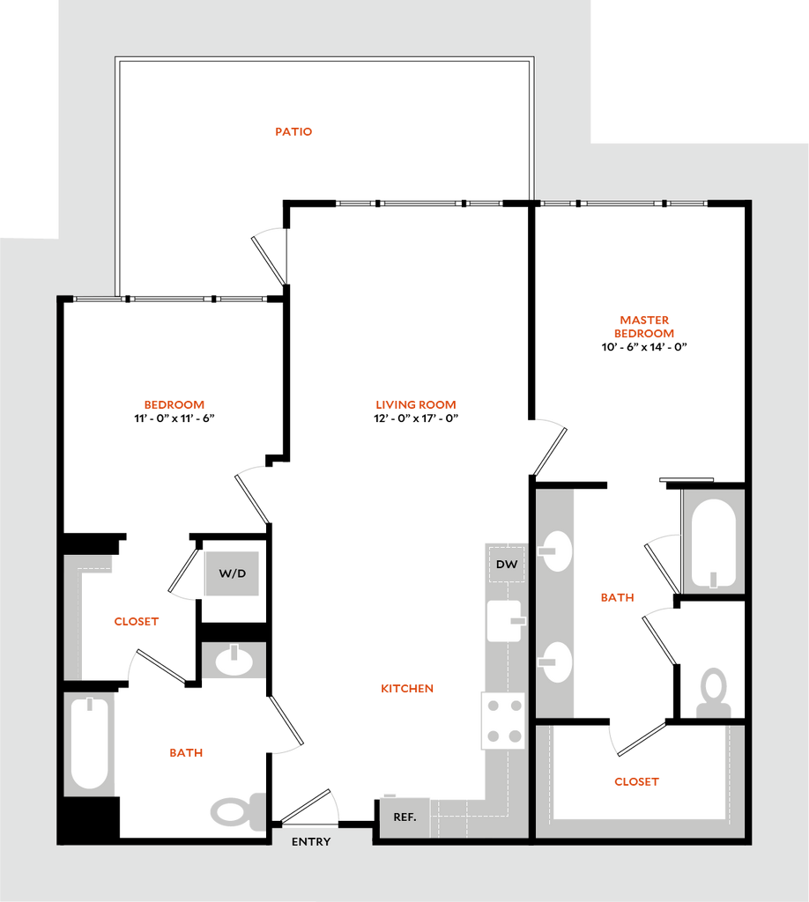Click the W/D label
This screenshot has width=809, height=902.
(x=232, y=573)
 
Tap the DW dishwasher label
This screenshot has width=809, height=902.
(x=506, y=565)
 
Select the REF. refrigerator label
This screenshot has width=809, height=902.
(x=404, y=817)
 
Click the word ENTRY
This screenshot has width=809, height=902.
(x=311, y=842)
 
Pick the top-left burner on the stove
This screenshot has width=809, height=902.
(x=492, y=706)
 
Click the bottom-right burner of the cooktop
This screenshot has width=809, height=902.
(x=514, y=736)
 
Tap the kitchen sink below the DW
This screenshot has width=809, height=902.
(x=504, y=621)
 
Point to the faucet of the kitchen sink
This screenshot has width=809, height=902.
(x=518, y=621)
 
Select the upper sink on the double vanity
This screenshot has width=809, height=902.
(x=556, y=551)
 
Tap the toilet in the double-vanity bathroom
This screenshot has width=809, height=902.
(x=714, y=692)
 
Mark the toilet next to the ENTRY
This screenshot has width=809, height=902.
(x=236, y=810)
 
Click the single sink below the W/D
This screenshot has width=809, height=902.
(x=234, y=660)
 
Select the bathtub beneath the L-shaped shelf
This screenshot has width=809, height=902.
(x=89, y=743)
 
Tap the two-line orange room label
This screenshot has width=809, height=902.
(x=644, y=327)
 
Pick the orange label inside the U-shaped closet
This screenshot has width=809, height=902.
(x=636, y=781)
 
